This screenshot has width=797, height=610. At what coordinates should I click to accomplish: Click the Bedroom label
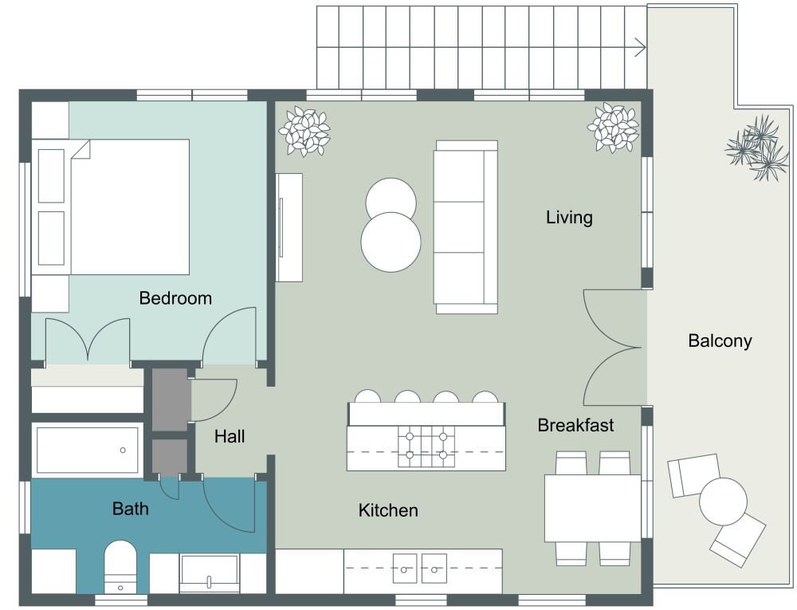[175, 298]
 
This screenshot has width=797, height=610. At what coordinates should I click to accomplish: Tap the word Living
[569, 217]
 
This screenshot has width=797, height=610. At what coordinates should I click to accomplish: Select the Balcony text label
[720, 341]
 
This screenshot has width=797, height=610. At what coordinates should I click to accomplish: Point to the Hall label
[230, 437]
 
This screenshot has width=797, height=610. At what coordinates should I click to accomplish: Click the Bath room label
[130, 508]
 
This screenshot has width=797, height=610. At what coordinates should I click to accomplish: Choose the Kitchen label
[388, 510]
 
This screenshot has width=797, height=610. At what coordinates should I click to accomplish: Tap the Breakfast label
[575, 425]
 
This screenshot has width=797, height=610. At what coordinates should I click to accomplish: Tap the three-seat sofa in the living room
[465, 227]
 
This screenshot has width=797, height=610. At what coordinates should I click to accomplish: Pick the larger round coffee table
[391, 242]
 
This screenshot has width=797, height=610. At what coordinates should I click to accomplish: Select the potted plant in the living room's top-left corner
[304, 131]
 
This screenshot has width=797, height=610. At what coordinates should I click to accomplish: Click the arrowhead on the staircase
[640, 47]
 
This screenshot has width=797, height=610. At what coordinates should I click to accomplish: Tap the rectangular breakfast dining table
[592, 508]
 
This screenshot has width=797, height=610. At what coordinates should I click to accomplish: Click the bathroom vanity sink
[209, 573]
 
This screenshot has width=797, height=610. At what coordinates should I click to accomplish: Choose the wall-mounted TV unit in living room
[289, 227]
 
